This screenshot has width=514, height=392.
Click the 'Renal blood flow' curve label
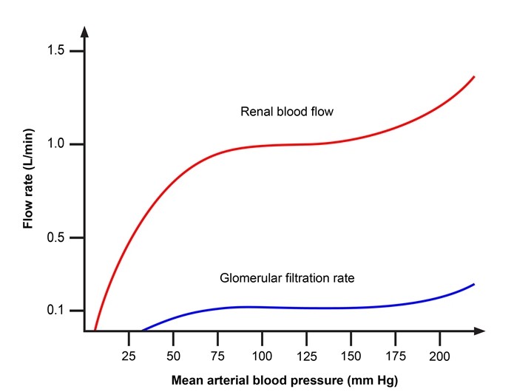point(287,112)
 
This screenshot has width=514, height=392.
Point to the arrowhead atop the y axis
point(85,31)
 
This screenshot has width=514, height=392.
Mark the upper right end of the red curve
point(473,77)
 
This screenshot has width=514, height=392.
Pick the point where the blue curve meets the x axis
point(141,330)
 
